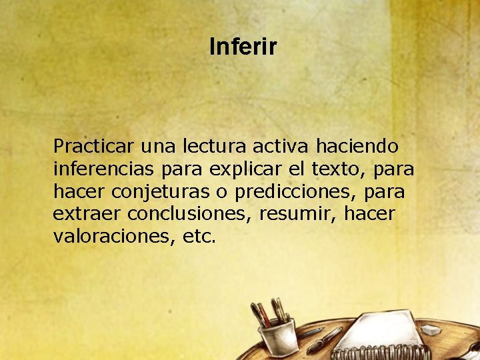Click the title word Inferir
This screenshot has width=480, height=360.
pos(243,47)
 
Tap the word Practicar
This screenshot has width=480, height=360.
pos(93,145)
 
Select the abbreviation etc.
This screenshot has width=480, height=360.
pos(198,237)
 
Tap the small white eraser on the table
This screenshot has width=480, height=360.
pos(432,329)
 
